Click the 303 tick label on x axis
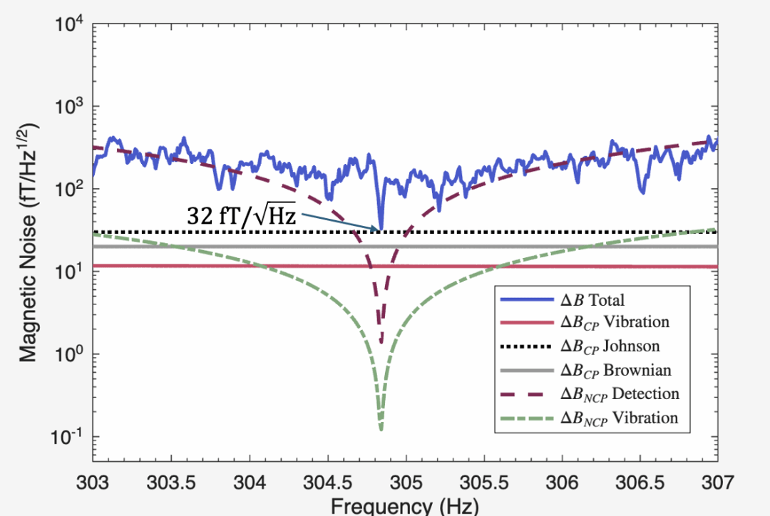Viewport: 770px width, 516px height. [x=93, y=482]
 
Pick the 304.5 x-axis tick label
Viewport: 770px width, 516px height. [x=327, y=482]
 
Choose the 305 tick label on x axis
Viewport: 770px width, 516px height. [x=406, y=482]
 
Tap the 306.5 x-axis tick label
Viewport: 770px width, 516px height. [x=640, y=482]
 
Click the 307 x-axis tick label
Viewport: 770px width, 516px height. [x=718, y=482]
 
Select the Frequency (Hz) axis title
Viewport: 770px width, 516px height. [x=405, y=506]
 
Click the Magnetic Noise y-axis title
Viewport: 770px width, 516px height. [x=29, y=243]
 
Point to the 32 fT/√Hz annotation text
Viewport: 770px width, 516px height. [x=242, y=215]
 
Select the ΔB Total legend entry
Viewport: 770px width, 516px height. [x=563, y=299]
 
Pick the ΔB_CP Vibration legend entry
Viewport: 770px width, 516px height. [x=585, y=322]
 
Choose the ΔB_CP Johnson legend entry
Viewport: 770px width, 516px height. [x=580, y=346]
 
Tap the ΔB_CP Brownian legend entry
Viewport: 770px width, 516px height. [x=585, y=370]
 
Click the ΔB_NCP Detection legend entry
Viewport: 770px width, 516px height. [x=590, y=394]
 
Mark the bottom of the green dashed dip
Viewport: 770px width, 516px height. [x=381, y=430]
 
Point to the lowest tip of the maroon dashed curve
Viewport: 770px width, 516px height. [x=381, y=342]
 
